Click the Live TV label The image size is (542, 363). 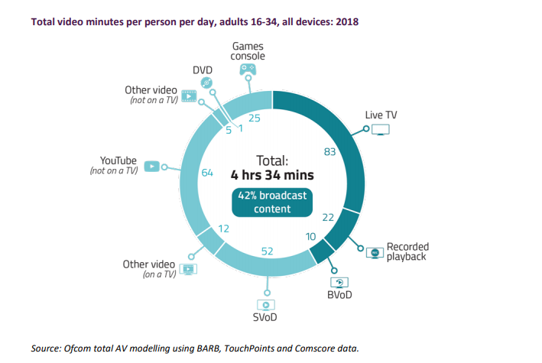pyautogui.click(x=381, y=115)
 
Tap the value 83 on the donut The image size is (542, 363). pyautogui.click(x=330, y=152)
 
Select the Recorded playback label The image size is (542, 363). pyautogui.click(x=407, y=251)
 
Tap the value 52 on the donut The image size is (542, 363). pyautogui.click(x=268, y=251)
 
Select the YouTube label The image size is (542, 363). pyautogui.click(x=118, y=161)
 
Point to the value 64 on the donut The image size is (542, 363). pyautogui.click(x=206, y=173)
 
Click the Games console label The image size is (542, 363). pyautogui.click(x=248, y=52)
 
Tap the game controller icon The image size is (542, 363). pyautogui.click(x=248, y=70)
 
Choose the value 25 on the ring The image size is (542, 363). pyautogui.click(x=255, y=118)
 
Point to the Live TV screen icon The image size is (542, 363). pyautogui.click(x=380, y=131)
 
